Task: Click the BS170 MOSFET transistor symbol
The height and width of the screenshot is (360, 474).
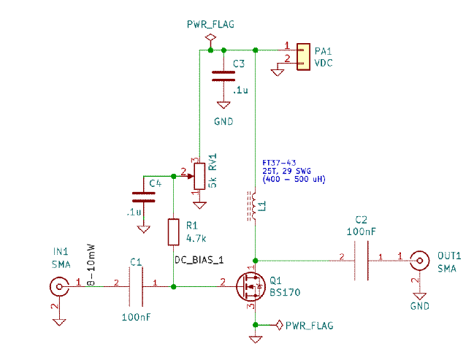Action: click(x=248, y=287)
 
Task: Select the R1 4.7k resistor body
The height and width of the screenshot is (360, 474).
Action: click(x=174, y=231)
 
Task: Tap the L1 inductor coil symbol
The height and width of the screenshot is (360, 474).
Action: click(x=253, y=205)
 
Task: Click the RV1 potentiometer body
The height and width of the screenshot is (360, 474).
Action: click(x=199, y=177)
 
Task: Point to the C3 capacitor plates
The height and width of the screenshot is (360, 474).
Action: click(x=223, y=76)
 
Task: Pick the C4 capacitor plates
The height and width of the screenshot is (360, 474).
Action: click(x=144, y=197)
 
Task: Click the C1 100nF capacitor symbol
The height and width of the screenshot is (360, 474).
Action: click(x=136, y=286)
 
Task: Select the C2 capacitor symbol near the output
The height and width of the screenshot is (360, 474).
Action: click(x=362, y=261)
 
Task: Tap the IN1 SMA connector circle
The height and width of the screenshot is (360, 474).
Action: click(x=59, y=286)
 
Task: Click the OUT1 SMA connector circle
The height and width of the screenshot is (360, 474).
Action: click(x=419, y=260)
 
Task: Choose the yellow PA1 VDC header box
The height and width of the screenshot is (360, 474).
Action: click(x=304, y=57)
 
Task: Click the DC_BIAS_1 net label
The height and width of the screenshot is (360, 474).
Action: click(x=199, y=260)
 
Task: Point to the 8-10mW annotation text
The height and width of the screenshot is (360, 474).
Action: click(x=91, y=265)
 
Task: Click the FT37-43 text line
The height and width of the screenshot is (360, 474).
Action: click(x=279, y=163)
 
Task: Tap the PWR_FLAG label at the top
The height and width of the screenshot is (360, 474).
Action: click(x=210, y=24)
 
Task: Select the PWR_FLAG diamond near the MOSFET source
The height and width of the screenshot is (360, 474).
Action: click(x=279, y=325)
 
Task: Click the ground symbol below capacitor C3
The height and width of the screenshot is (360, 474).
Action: click(x=223, y=105)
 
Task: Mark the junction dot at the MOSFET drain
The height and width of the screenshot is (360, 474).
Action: click(x=256, y=261)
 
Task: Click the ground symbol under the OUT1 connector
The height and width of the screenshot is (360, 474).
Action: click(x=419, y=296)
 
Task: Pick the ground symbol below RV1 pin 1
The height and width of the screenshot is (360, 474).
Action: click(x=199, y=205)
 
